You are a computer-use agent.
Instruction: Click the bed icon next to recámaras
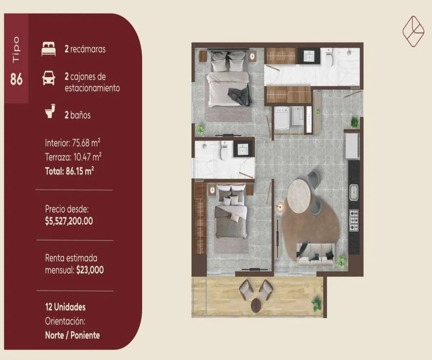(49, 49)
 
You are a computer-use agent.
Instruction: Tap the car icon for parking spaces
(49, 78)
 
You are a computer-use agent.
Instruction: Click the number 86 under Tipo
(16, 79)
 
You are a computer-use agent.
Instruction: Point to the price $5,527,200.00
(69, 221)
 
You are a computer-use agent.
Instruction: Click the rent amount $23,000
(90, 270)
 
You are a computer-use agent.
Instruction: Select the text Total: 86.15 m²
(69, 171)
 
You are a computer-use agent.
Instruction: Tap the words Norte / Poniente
(72, 335)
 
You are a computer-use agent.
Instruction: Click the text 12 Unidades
(65, 307)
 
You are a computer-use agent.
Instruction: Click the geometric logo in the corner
(413, 31)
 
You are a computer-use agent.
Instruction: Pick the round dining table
(298, 196)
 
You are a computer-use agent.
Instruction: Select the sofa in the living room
(315, 254)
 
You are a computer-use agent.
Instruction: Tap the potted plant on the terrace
(317, 303)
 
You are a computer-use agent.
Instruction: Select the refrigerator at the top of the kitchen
(352, 146)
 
